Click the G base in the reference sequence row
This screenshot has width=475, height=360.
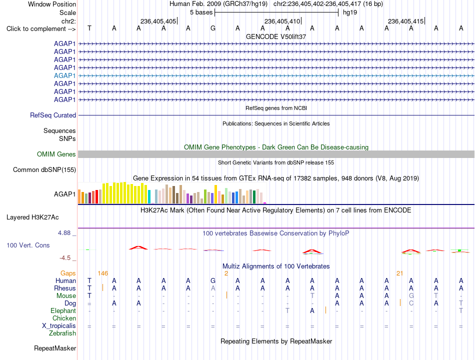pyautogui.click(x=213, y=28)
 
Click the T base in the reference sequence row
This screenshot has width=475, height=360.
pyautogui.click(x=89, y=28)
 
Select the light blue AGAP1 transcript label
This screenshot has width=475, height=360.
pyautogui.click(x=65, y=75)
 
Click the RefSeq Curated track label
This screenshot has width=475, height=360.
pyautogui.click(x=53, y=115)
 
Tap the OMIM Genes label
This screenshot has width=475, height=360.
pyautogui.click(x=56, y=154)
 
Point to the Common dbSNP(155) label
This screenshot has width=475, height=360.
pyautogui.click(x=44, y=169)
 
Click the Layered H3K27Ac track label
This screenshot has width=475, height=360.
pyautogui.click(x=32, y=217)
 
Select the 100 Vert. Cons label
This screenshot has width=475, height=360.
pyautogui.click(x=28, y=245)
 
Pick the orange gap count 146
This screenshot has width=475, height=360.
pyautogui.click(x=102, y=273)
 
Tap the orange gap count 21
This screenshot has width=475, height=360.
pyautogui.click(x=399, y=273)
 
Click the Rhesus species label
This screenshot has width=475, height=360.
pyautogui.click(x=65, y=288)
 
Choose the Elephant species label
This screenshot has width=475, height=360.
pyautogui.click(x=63, y=310)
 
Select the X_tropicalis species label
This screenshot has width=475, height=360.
pyautogui.click(x=59, y=326)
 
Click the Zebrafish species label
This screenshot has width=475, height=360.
pyautogui.click(x=62, y=333)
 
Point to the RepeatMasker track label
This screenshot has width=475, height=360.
pyautogui.click(x=55, y=348)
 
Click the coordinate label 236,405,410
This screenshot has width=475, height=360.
pyautogui.click(x=282, y=21)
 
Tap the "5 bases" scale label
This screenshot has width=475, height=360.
pyautogui.click(x=201, y=12)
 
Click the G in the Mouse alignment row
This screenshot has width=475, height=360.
pyautogui.click(x=411, y=295)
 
